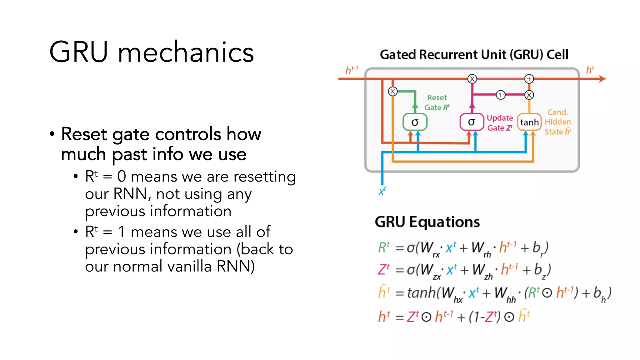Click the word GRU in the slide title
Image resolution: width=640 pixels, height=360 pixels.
click(78, 52)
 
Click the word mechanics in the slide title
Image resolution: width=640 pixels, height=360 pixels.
click(186, 52)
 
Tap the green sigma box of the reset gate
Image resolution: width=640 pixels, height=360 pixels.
click(415, 122)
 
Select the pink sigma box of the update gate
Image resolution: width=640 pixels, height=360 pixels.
click(471, 122)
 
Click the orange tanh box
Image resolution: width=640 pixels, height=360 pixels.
click(529, 122)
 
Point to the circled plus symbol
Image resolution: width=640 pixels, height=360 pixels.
click(529, 79)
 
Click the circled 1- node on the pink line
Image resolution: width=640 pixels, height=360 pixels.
click(500, 95)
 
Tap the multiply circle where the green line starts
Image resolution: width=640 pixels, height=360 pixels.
click(392, 92)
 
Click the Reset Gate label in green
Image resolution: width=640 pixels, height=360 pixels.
click(437, 102)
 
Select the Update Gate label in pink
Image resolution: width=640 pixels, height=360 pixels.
click(500, 123)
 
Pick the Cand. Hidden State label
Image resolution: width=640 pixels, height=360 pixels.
click(558, 122)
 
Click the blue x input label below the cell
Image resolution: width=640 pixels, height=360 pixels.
click(382, 191)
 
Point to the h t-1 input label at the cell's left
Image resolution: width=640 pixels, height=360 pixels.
click(351, 70)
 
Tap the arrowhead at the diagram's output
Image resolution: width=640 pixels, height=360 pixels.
click(603, 79)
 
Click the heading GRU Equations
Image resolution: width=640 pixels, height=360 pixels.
click(427, 222)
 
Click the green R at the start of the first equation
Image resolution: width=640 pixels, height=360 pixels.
click(382, 247)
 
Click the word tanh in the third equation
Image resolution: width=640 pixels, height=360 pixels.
click(421, 293)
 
